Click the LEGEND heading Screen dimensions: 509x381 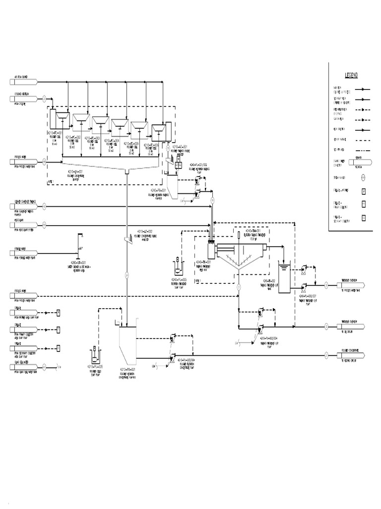pos(351,75)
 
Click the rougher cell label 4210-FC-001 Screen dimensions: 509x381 pos(55,134)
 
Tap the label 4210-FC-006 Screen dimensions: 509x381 pos(152,145)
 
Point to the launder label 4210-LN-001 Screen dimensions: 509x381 pos(76,171)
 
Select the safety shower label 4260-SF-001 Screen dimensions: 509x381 pos(79,264)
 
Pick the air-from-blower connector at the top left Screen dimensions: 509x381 pos(22,81)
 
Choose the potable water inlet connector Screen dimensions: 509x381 pos(22,253)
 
